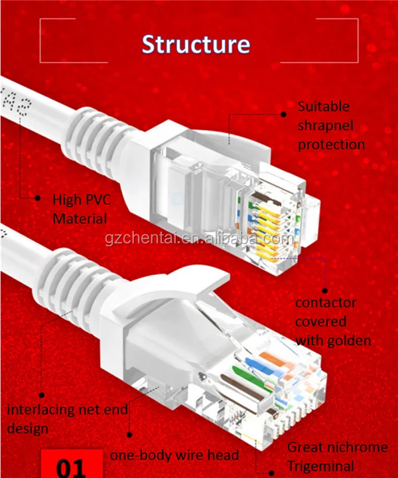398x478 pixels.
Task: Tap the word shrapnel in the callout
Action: point(325,125)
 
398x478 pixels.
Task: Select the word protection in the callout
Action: point(331,144)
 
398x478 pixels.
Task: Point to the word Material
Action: point(80,218)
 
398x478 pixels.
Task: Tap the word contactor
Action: point(326,303)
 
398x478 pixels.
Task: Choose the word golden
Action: point(346,341)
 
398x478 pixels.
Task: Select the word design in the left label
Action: point(28,428)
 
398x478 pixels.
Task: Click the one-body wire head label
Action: point(174,455)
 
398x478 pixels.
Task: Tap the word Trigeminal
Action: point(320,465)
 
